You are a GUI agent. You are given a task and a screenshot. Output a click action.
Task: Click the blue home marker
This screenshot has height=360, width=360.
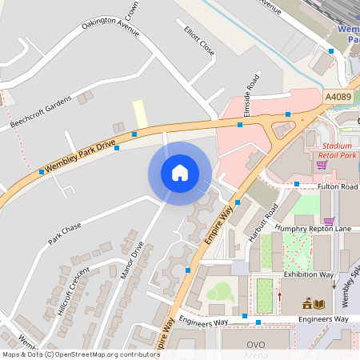pyautogui.click(x=180, y=173)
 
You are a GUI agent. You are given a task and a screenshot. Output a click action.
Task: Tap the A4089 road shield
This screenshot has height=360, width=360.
pyautogui.click(x=338, y=97)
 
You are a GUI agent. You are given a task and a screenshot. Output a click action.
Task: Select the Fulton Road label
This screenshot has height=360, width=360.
pyautogui.click(x=337, y=186)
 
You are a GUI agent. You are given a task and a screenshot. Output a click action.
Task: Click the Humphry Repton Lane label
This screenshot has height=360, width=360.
pyautogui.click(x=313, y=229)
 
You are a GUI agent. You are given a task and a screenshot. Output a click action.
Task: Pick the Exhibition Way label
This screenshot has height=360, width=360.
pyautogui.click(x=309, y=274)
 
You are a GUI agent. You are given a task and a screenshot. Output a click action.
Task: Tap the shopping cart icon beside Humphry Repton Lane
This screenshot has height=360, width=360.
pyautogui.click(x=328, y=220)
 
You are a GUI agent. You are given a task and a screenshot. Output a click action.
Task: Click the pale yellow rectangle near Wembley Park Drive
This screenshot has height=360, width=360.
pyautogui.click(x=140, y=114)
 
